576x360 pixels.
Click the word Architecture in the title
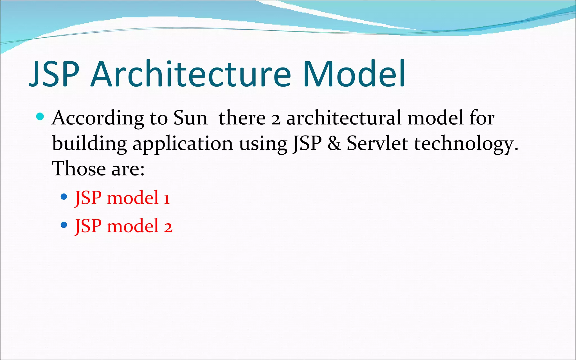(x=191, y=74)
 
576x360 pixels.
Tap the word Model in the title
(x=354, y=74)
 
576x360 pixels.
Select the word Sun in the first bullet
(x=190, y=118)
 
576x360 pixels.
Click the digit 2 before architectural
(x=276, y=119)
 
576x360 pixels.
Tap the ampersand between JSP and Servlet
(x=334, y=143)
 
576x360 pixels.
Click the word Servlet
(x=377, y=143)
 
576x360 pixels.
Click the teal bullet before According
(x=40, y=116)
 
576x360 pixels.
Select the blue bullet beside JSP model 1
(x=64, y=197)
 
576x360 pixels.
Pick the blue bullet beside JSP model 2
(x=64, y=225)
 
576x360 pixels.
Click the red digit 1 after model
(x=167, y=199)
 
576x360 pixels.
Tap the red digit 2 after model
(x=168, y=227)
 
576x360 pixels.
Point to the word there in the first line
(x=242, y=118)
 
